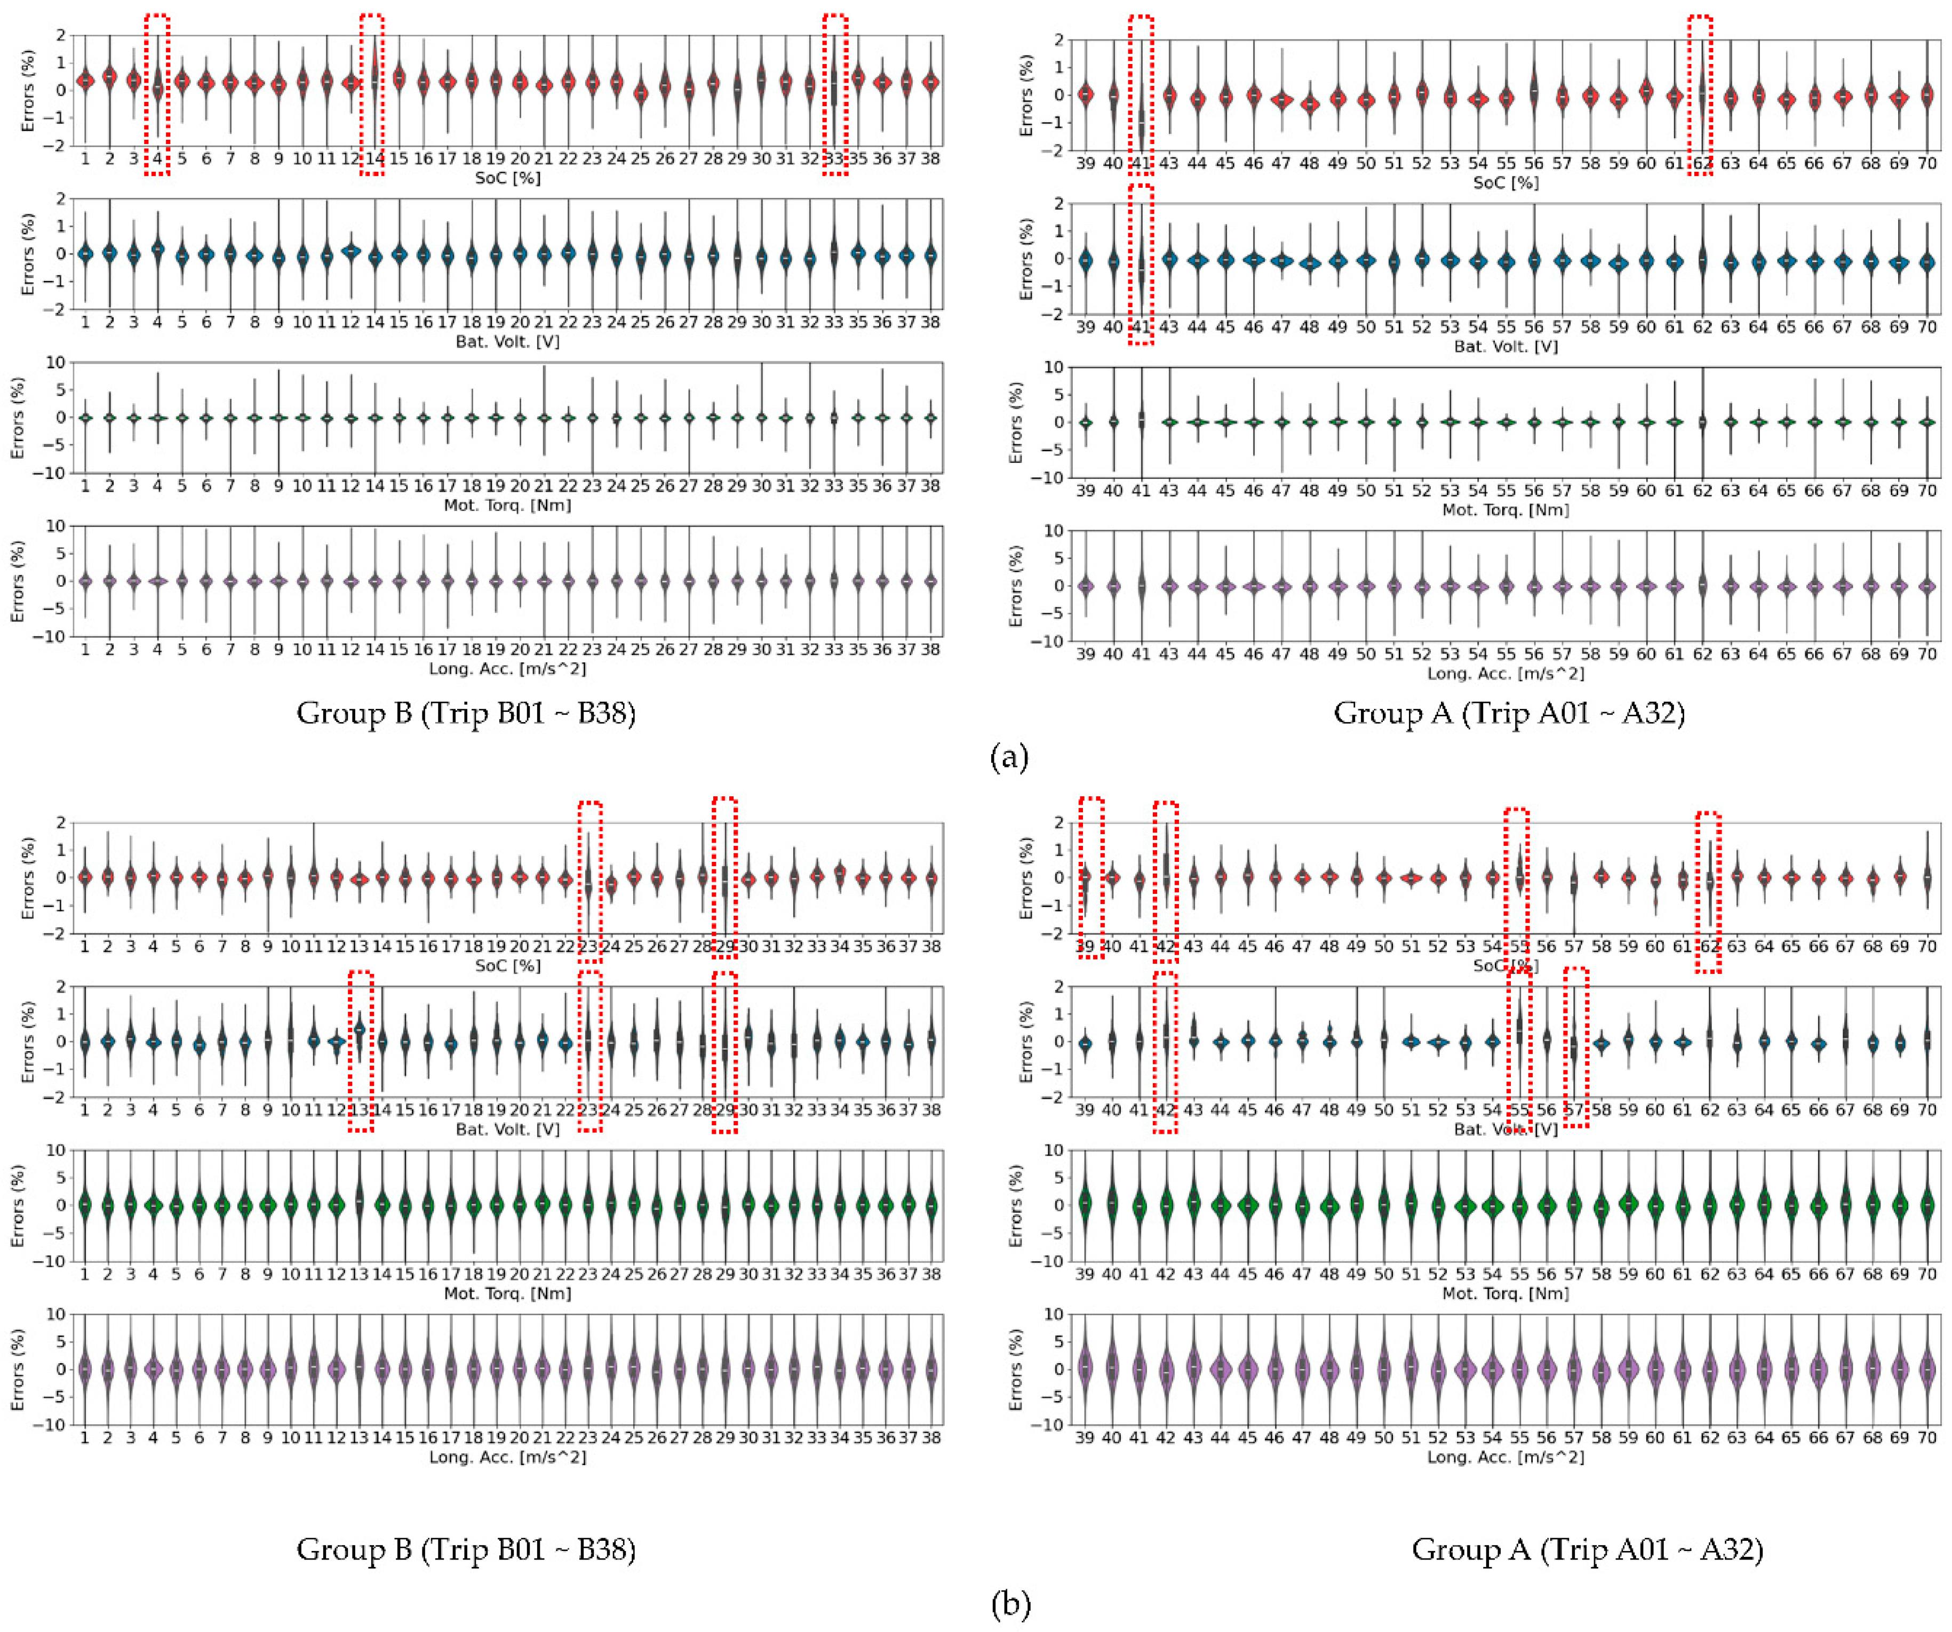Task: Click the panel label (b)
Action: click(x=1010, y=1603)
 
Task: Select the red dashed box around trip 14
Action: click(x=372, y=94)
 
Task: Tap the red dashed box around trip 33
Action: click(x=835, y=94)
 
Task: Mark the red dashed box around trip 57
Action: click(x=1575, y=1047)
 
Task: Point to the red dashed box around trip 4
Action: click(x=157, y=94)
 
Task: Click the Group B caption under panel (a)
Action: click(x=466, y=713)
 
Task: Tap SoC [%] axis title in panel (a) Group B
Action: click(x=507, y=178)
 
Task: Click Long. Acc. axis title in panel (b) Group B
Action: click(x=507, y=1457)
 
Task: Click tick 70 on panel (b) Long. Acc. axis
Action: click(x=1927, y=1438)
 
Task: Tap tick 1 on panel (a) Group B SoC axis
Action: click(x=85, y=159)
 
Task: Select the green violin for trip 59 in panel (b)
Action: click(x=1628, y=1204)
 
